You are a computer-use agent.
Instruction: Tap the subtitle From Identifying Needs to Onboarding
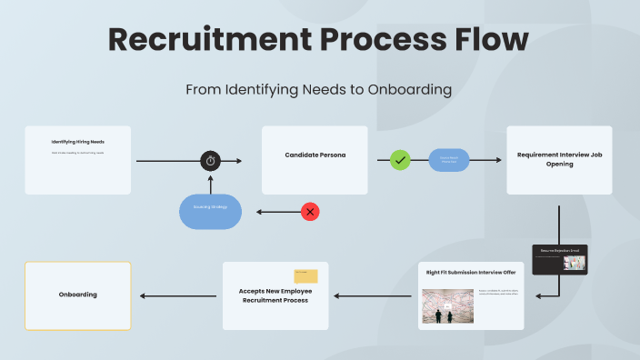click(x=319, y=90)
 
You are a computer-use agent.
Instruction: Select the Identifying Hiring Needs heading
click(x=78, y=142)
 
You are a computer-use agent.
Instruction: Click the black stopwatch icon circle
click(x=211, y=161)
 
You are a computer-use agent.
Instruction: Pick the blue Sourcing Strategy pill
click(x=210, y=211)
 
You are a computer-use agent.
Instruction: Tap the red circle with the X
click(x=310, y=212)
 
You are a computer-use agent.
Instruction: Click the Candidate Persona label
click(x=315, y=155)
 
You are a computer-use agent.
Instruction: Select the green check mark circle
click(x=400, y=160)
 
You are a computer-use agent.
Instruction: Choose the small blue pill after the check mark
click(x=449, y=160)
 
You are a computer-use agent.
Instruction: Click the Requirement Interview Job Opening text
click(x=559, y=159)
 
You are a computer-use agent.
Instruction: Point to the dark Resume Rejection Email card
click(x=559, y=259)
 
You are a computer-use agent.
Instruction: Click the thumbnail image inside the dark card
click(x=575, y=263)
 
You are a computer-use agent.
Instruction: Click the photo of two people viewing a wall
click(x=445, y=306)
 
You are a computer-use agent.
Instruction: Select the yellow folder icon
click(x=305, y=275)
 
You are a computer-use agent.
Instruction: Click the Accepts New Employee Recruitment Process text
click(x=275, y=295)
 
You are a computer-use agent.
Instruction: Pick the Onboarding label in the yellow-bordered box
click(x=77, y=295)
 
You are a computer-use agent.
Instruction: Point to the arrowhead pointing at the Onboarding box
click(x=142, y=295)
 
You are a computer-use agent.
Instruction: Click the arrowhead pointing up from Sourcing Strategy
click(x=211, y=178)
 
